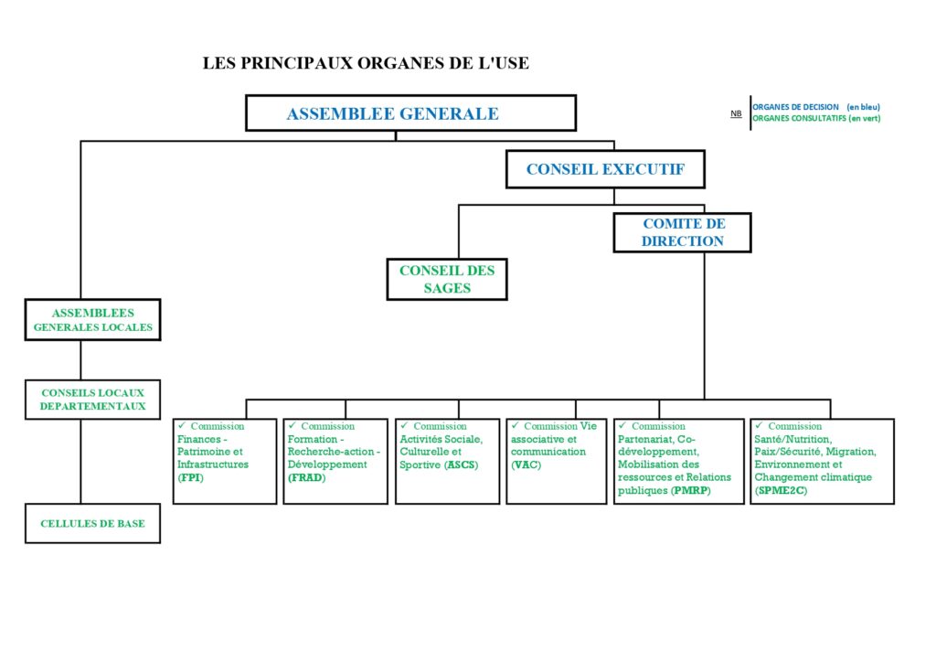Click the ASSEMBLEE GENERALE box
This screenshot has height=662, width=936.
click(410, 112)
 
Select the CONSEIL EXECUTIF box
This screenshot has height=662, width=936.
click(605, 169)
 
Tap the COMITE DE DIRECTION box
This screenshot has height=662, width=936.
click(682, 233)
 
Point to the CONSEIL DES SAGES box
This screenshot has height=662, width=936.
click(447, 280)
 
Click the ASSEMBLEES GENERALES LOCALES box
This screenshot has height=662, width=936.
click(92, 320)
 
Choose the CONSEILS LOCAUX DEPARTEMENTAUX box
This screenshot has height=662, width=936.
click(92, 400)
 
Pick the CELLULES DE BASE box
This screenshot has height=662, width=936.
click(92, 524)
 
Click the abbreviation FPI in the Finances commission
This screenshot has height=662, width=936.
click(191, 477)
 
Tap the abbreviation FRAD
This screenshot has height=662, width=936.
click(307, 477)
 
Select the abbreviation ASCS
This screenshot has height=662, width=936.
click(462, 465)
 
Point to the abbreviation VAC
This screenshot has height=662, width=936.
click(526, 465)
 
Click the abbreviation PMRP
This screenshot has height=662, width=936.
click(691, 491)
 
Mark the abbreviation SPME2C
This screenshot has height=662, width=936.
click(782, 491)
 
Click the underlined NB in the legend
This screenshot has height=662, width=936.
click(736, 113)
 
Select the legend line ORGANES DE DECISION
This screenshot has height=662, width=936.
click(816, 107)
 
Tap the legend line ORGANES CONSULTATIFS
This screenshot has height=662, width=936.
click(816, 118)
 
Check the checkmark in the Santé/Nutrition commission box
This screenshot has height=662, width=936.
click(759, 425)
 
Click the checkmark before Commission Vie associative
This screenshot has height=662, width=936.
click(515, 425)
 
